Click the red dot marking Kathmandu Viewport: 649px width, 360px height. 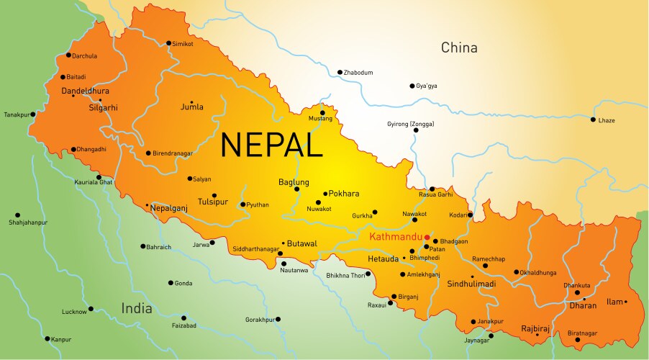pyautogui.click(x=427, y=237)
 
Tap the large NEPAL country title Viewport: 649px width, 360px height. pyautogui.click(x=271, y=145)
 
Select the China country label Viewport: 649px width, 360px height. pyautogui.click(x=459, y=48)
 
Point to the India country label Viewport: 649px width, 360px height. pyautogui.click(x=137, y=308)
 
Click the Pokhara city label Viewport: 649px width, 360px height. pyautogui.click(x=344, y=194)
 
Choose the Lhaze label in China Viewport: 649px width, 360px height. pyautogui.click(x=607, y=120)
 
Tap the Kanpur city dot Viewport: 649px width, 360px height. pyautogui.click(x=47, y=338)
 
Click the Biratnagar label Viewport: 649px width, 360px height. pyautogui.click(x=582, y=333)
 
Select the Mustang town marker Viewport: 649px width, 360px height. pyautogui.click(x=323, y=112)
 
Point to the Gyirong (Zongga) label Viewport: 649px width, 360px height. pyautogui.click(x=411, y=125)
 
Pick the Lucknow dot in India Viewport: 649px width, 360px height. pyautogui.click(x=91, y=311)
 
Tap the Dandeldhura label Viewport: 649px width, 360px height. pyautogui.click(x=86, y=91)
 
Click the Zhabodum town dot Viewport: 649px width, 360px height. pyautogui.click(x=340, y=72)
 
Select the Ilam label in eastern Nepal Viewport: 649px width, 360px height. pyautogui.click(x=614, y=302)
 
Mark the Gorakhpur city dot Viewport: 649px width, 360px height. pyautogui.click(x=278, y=319)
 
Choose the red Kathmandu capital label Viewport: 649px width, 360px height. pyautogui.click(x=395, y=237)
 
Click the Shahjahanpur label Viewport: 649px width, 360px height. pyautogui.click(x=28, y=223)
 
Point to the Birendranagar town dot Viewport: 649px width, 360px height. pyautogui.click(x=148, y=153)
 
